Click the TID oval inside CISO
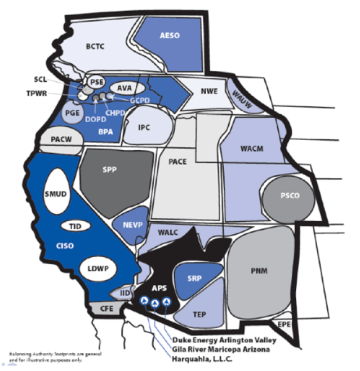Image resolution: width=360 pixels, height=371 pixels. [x=75, y=226]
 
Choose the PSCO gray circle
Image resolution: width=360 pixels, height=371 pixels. [x=289, y=196]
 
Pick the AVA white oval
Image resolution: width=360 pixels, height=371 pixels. [x=123, y=88]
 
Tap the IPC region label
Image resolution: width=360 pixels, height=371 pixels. [x=144, y=127]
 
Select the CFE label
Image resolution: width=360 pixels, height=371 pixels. [x=106, y=309]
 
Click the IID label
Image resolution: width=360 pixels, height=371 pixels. [x=126, y=293]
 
